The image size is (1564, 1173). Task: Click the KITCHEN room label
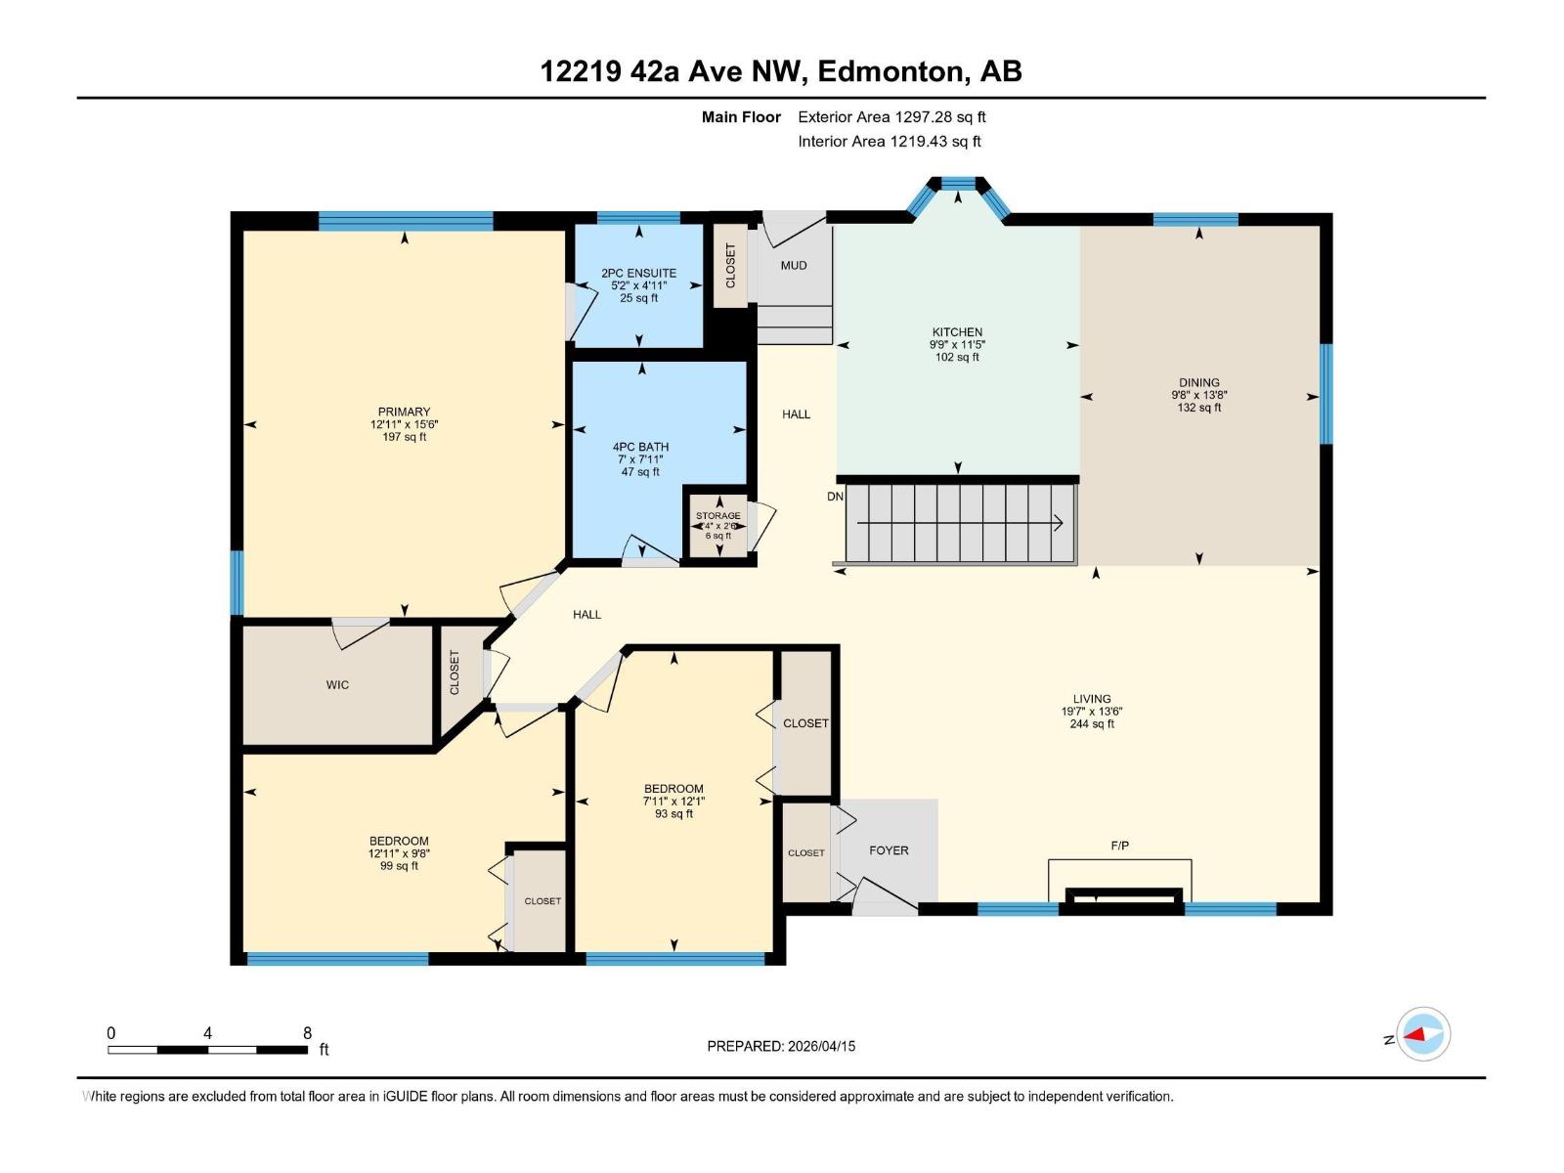957,332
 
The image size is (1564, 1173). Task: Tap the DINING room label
1198,383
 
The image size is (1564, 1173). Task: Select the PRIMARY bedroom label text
404,412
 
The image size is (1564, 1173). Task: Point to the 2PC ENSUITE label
638,274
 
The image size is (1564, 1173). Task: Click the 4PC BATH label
640,447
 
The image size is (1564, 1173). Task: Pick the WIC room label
337,685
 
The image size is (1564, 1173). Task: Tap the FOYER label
889,850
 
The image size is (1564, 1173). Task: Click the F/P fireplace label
1120,846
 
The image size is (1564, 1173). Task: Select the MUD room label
794,265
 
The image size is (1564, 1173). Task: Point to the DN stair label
835,497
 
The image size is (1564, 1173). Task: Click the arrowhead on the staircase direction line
1059,523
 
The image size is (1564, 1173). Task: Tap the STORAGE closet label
717,515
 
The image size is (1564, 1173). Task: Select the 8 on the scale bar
307,1033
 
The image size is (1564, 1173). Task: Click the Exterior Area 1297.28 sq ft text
891,117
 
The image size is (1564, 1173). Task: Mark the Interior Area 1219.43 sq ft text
890,142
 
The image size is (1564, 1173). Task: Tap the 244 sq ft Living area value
1092,724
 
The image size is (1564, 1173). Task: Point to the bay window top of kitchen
957,183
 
